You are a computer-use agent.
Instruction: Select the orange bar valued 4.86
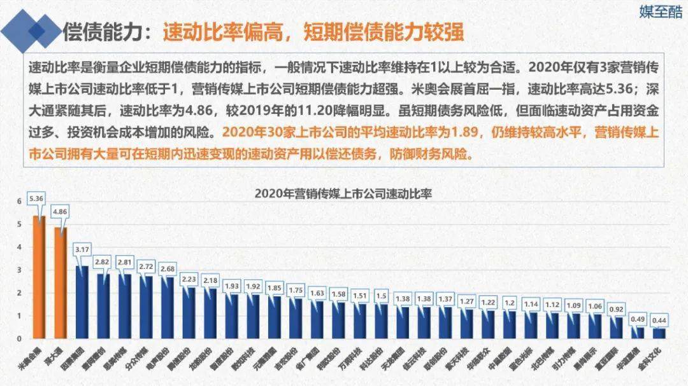click(61, 282)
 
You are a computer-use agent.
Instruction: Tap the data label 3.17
click(82, 249)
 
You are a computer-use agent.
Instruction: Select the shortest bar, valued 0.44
click(659, 333)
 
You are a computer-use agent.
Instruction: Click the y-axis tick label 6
click(19, 201)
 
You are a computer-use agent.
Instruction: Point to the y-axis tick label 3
click(19, 270)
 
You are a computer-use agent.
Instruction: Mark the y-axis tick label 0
click(19, 338)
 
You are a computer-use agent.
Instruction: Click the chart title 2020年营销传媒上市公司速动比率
click(343, 194)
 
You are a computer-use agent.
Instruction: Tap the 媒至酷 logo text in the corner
click(660, 12)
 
